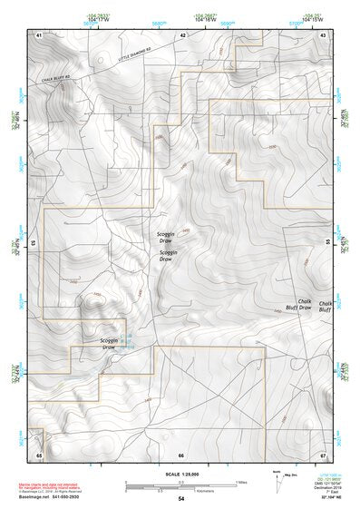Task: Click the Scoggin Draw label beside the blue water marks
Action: click(108, 343)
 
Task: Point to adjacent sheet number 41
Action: click(39, 34)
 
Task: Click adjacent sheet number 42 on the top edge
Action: click(182, 34)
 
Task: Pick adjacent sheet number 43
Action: click(323, 34)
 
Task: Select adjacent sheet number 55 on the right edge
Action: click(328, 243)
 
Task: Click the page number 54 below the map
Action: click(181, 498)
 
